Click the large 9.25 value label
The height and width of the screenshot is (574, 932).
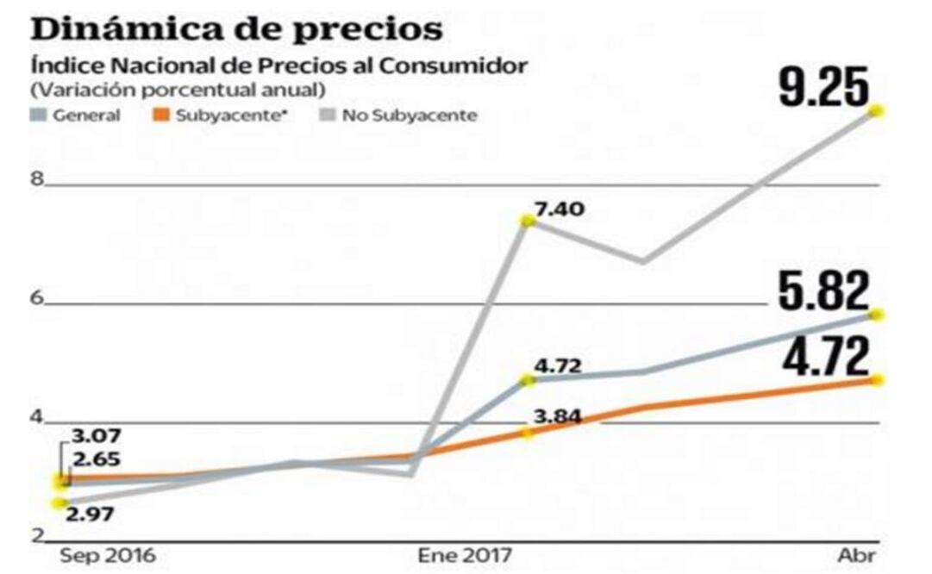pyautogui.click(x=824, y=87)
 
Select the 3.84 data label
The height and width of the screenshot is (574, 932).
pyautogui.click(x=557, y=417)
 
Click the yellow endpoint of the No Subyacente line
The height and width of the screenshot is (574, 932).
pyautogui.click(x=878, y=111)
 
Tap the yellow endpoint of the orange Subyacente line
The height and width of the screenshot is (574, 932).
pyautogui.click(x=878, y=380)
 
